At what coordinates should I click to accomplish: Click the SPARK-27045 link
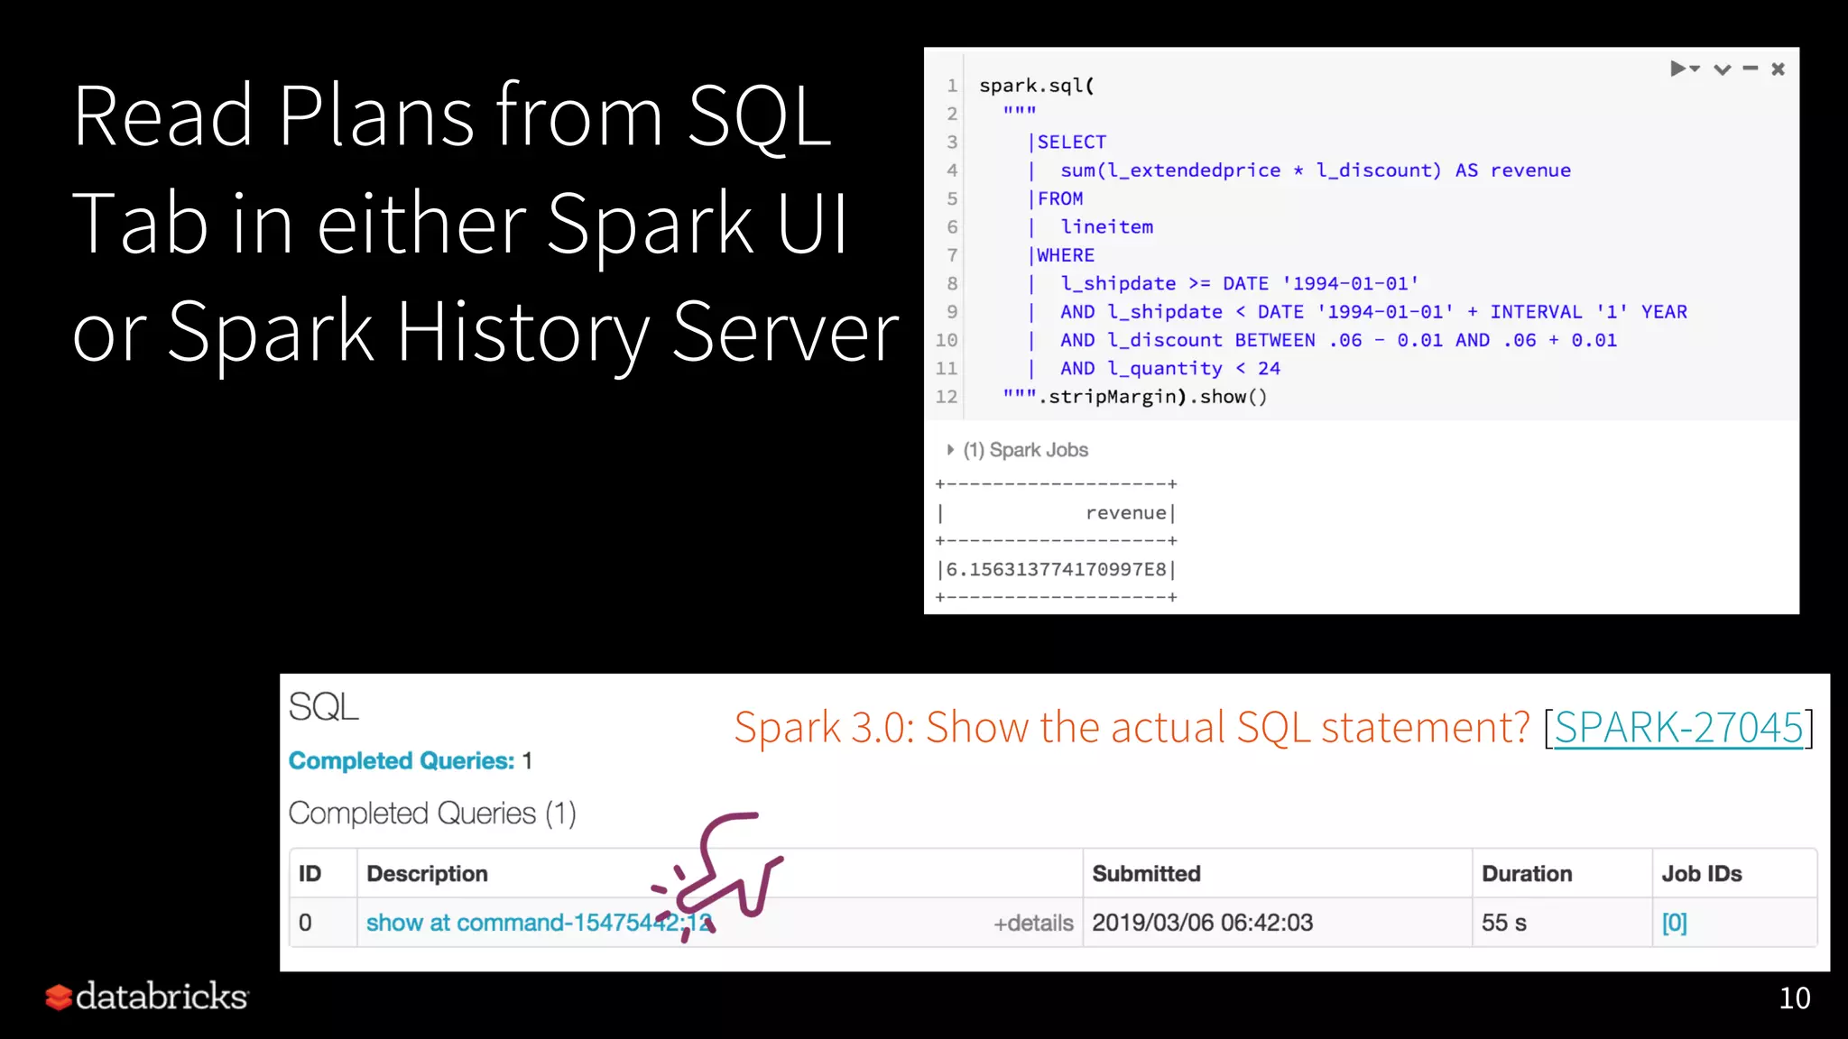point(1677,727)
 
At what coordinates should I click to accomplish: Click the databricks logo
point(147,997)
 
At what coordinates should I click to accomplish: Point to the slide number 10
point(1794,998)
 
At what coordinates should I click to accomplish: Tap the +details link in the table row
point(1033,923)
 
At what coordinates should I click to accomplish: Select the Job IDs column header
point(1701,873)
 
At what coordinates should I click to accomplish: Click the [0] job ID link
point(1674,923)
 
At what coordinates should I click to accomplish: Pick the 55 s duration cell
point(1503,923)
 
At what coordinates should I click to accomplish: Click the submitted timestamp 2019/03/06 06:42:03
point(1202,923)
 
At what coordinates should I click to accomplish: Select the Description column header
point(427,873)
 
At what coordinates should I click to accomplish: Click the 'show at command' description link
point(523,923)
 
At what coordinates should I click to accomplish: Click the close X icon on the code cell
point(1778,69)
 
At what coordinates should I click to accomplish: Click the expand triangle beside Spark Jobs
point(950,449)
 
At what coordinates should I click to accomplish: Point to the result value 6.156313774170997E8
point(1056,569)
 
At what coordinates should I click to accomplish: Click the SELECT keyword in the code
point(1071,142)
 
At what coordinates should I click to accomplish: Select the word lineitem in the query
point(1106,226)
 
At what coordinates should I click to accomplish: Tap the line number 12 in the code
point(946,397)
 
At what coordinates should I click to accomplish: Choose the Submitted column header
point(1146,873)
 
